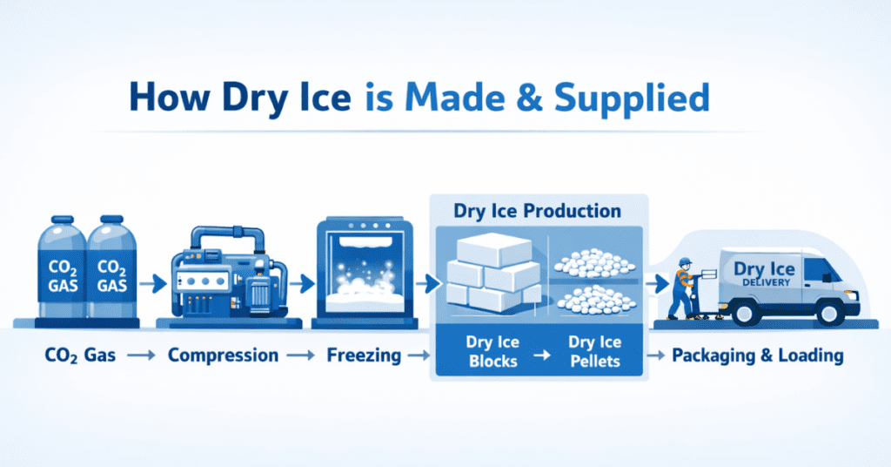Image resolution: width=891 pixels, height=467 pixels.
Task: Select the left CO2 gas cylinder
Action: click(62, 267)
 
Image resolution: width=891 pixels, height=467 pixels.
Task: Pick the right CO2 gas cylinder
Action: click(112, 267)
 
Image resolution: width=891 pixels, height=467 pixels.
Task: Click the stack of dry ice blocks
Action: click(492, 273)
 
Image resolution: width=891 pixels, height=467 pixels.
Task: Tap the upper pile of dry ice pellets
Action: click(594, 262)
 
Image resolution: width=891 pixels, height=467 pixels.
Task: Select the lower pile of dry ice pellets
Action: click(596, 301)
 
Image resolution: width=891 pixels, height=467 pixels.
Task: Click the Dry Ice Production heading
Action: click(537, 211)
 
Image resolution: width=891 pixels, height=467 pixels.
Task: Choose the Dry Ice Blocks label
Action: click(492, 351)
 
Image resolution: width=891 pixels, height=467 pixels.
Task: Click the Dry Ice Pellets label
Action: click(595, 351)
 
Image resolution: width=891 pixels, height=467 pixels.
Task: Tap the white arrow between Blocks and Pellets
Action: click(543, 355)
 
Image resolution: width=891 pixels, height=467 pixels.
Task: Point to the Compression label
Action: click(224, 355)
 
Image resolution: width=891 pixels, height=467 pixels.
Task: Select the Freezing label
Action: click(364, 355)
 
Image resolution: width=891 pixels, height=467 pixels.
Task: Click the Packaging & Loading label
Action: click(758, 355)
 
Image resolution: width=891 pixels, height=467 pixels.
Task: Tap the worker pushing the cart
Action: click(682, 288)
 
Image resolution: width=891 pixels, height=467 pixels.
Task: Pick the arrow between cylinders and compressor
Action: click(152, 282)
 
